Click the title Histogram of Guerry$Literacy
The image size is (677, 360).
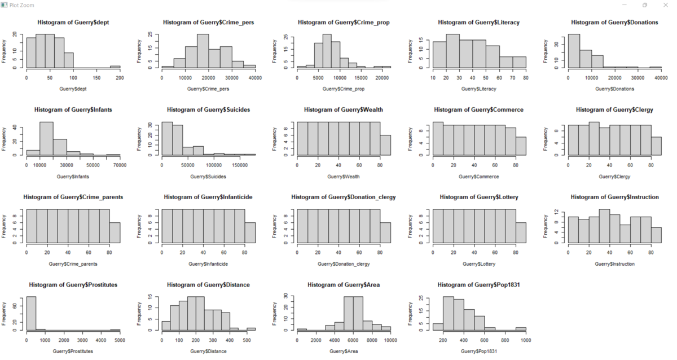point(478,23)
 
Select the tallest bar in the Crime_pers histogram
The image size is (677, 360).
point(203,51)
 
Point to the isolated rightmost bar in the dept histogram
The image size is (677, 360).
point(115,67)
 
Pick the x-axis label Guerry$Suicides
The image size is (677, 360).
point(208,176)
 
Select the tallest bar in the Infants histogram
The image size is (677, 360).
point(46,138)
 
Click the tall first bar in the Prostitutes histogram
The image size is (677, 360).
point(31,314)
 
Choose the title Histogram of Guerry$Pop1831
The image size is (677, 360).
point(478,285)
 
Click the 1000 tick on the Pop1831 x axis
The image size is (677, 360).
point(526,340)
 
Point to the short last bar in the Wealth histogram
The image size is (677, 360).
point(385,145)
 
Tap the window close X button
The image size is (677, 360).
point(666,5)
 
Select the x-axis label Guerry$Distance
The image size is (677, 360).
point(208,351)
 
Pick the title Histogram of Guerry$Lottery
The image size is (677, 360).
point(478,197)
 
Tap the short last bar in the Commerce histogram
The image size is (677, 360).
point(520,146)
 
